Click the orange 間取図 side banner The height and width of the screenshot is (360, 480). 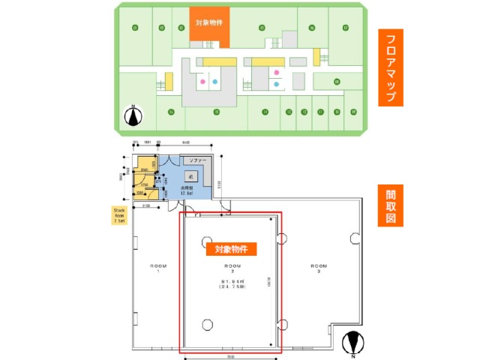[391, 205]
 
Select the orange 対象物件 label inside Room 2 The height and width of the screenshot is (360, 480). [231, 248]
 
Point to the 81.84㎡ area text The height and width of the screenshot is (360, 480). [229, 282]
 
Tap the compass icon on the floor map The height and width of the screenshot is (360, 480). [133, 116]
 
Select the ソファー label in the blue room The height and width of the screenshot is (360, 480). [196, 161]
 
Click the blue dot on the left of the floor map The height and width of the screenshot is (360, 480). [215, 79]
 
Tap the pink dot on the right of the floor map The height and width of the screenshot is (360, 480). [277, 73]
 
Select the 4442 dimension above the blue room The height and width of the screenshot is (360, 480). [187, 142]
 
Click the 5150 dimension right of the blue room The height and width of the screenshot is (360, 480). [219, 184]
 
